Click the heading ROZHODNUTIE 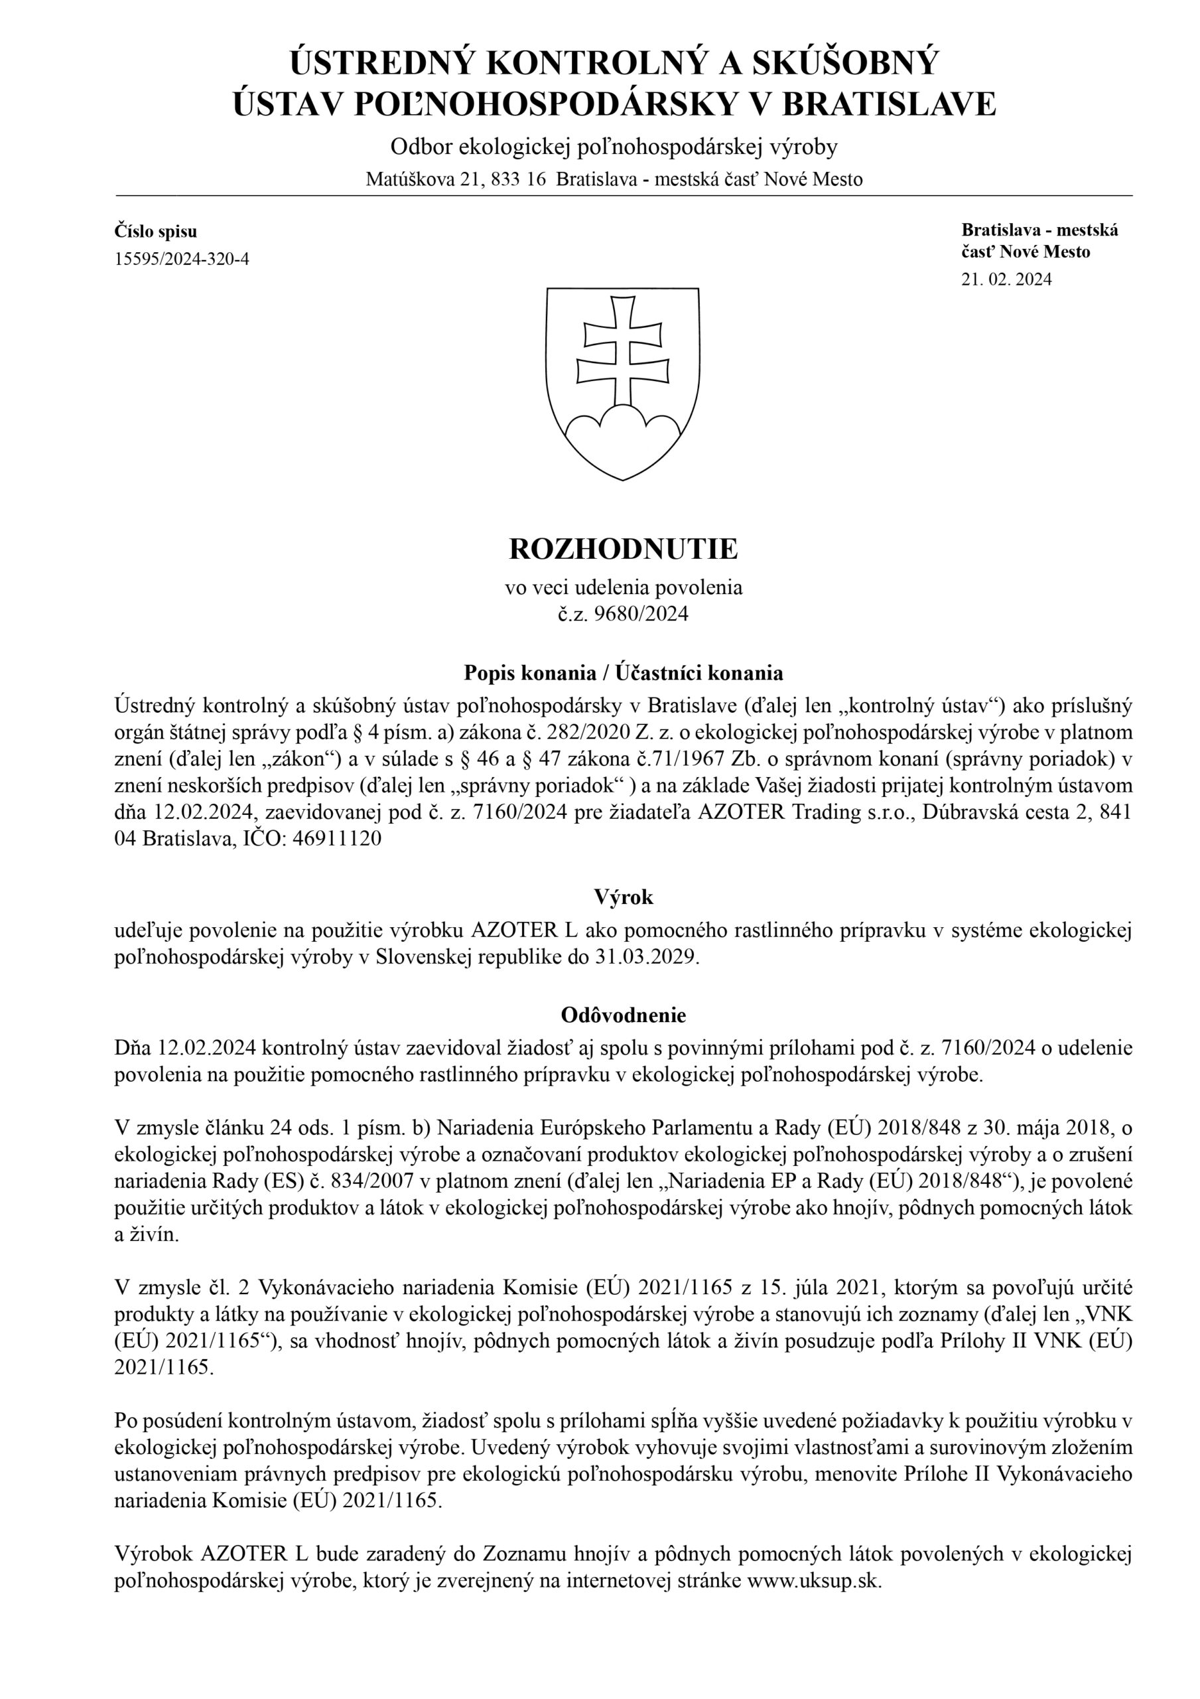click(623, 549)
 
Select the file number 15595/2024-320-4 click(181, 258)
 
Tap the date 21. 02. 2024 click(1006, 279)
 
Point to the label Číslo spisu click(155, 232)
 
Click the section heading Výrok click(623, 897)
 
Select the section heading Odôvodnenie click(623, 1015)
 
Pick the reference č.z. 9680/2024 click(623, 613)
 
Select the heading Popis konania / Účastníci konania click(623, 673)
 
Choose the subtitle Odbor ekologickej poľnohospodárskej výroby click(614, 147)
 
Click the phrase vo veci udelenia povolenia click(623, 587)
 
